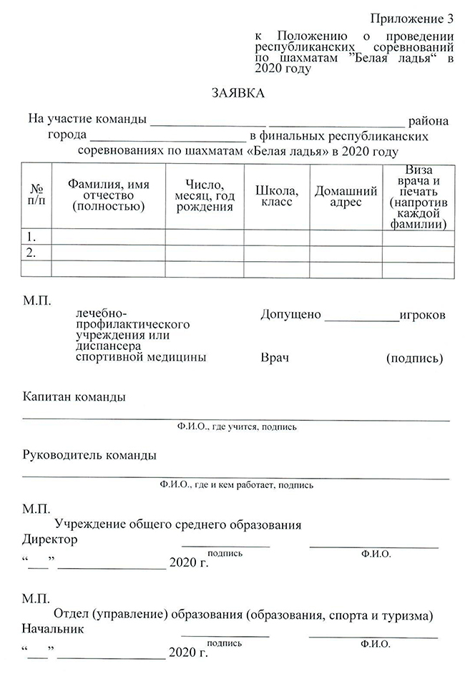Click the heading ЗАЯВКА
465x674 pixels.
(238, 94)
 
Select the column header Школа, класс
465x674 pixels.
(277, 195)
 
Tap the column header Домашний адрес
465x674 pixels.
(346, 196)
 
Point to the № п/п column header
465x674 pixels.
(36, 195)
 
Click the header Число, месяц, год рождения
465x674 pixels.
(205, 195)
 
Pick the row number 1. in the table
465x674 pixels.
(31, 236)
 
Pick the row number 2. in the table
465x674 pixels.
(31, 253)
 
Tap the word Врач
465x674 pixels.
(275, 357)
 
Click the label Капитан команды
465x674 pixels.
(74, 396)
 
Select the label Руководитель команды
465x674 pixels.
(89, 455)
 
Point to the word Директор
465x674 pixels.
(50, 539)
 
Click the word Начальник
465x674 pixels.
(53, 629)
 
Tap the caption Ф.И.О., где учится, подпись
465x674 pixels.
(237, 427)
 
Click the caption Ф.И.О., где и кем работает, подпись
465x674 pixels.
(237, 485)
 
